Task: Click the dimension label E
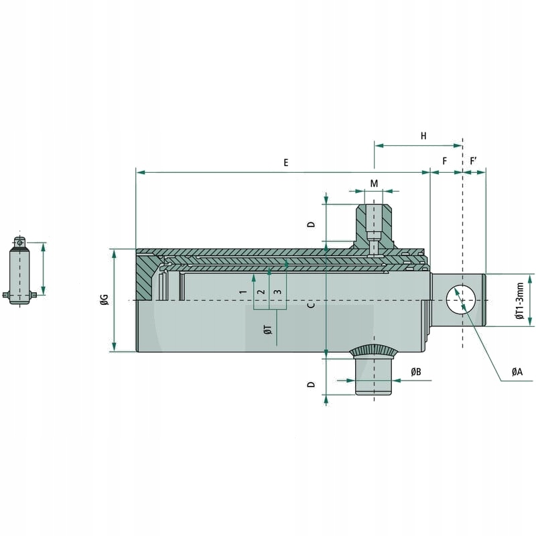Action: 285,163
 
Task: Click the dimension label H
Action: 423,136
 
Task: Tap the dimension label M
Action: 374,184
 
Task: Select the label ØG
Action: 104,301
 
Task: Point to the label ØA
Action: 517,371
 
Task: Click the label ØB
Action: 415,371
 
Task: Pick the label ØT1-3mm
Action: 520,300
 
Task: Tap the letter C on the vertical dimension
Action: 311,305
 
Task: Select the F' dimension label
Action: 474,161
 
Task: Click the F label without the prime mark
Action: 445,161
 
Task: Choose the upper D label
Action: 311,224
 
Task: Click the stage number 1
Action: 244,291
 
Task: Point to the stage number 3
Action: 277,291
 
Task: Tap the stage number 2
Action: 261,291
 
